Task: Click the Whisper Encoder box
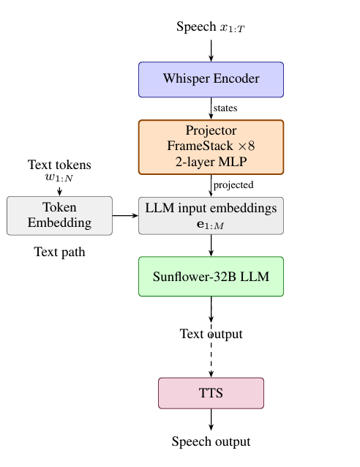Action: (211, 79)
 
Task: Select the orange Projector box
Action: (211, 147)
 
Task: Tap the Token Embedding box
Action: (59, 215)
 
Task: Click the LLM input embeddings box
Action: (211, 215)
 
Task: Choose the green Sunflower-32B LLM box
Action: (211, 277)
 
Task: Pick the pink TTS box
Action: (211, 393)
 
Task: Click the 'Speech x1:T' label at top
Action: (211, 27)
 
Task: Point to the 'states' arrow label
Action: (225, 108)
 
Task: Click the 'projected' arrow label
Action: (233, 184)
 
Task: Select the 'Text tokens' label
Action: (59, 165)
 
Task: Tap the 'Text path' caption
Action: (59, 253)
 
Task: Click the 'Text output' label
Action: (211, 335)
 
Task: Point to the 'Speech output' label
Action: (211, 441)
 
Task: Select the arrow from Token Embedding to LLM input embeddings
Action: (125, 215)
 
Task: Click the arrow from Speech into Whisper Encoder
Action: (211, 49)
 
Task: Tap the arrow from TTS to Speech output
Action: (211, 419)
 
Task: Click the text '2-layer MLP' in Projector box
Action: (211, 162)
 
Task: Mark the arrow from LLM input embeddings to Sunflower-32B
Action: (211, 245)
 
